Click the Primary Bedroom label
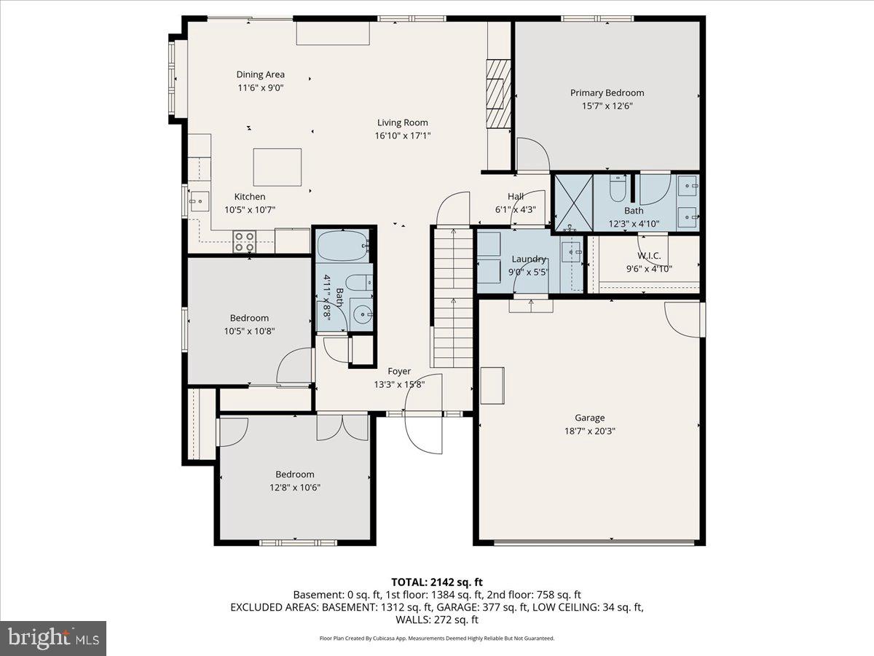pos(607,93)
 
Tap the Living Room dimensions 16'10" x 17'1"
pos(402,135)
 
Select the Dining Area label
pos(260,74)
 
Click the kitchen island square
pos(277,167)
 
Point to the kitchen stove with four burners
pos(244,241)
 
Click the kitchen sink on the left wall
pos(197,200)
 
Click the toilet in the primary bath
pos(616,190)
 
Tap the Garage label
pos(589,418)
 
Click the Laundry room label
pos(529,259)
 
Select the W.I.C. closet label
pos(648,256)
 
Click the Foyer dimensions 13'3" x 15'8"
pos(398,384)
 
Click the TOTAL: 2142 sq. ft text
pos(437,582)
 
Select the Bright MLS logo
pos(53,638)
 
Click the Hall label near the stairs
pos(516,196)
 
